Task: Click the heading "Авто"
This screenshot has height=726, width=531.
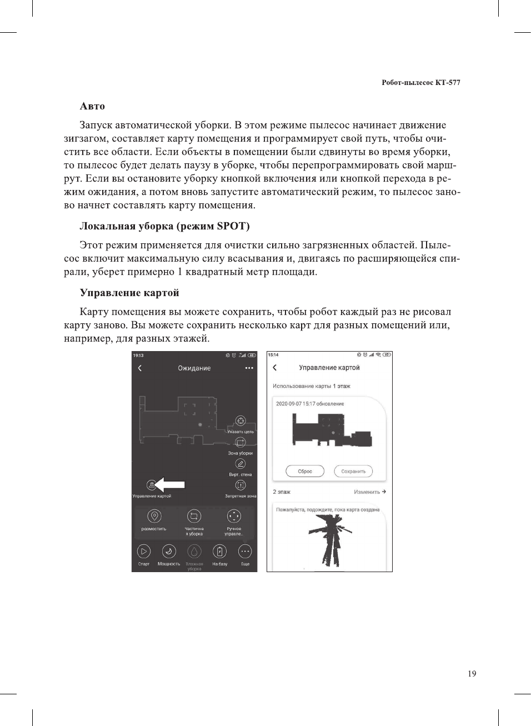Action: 92,106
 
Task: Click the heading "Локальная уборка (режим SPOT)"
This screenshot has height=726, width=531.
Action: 164,226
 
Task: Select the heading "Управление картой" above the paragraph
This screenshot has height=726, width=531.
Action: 129,293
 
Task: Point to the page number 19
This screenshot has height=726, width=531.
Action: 472,674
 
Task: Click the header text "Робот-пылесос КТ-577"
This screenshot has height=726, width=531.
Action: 420,83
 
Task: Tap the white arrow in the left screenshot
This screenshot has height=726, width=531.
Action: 170,484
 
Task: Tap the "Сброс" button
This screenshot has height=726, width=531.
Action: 305,471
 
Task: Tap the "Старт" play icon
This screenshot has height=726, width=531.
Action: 144,552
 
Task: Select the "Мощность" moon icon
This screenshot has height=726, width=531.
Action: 169,552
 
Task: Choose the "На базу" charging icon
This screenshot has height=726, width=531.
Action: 220,552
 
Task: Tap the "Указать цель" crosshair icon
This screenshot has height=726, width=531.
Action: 241,421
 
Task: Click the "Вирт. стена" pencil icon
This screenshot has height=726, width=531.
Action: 241,464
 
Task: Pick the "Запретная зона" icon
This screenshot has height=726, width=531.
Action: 241,485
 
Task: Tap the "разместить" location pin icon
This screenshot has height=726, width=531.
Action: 154,517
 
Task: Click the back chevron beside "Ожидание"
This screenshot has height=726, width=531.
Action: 140,368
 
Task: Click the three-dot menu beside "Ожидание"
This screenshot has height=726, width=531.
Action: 249,368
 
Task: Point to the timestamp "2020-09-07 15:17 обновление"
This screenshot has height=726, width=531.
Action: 310,404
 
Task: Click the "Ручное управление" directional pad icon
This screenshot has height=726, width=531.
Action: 234,517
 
